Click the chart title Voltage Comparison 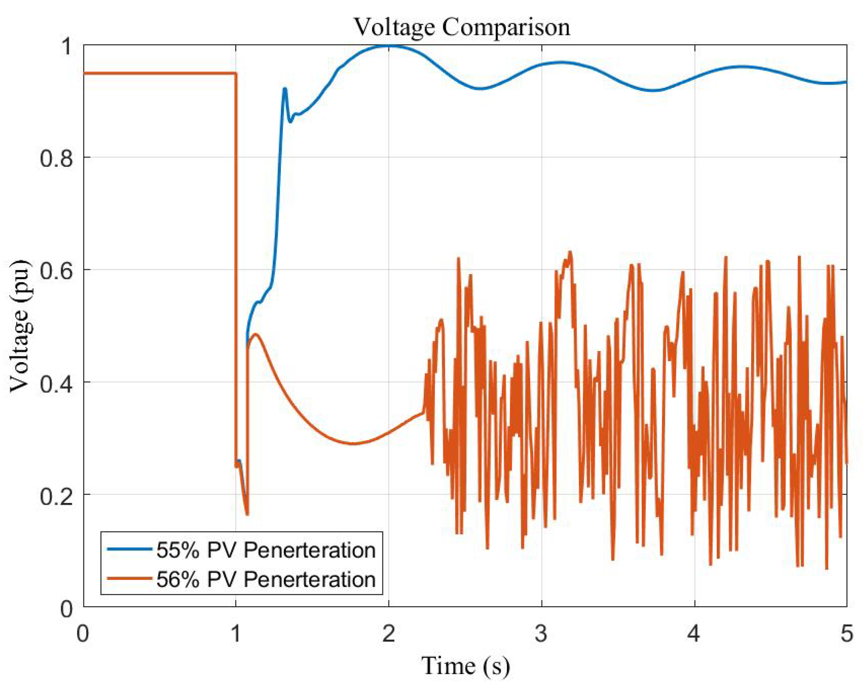point(462,27)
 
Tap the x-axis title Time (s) point(465,666)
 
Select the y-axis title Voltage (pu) point(21,326)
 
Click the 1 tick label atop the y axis point(67,46)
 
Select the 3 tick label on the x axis point(541,633)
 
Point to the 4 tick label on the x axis point(694,633)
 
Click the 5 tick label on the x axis point(846,633)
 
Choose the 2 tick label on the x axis point(388,633)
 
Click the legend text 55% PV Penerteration point(266,550)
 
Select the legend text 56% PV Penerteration point(266,579)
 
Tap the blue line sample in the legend point(129,549)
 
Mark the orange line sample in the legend point(129,578)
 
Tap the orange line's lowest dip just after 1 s point(247,514)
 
